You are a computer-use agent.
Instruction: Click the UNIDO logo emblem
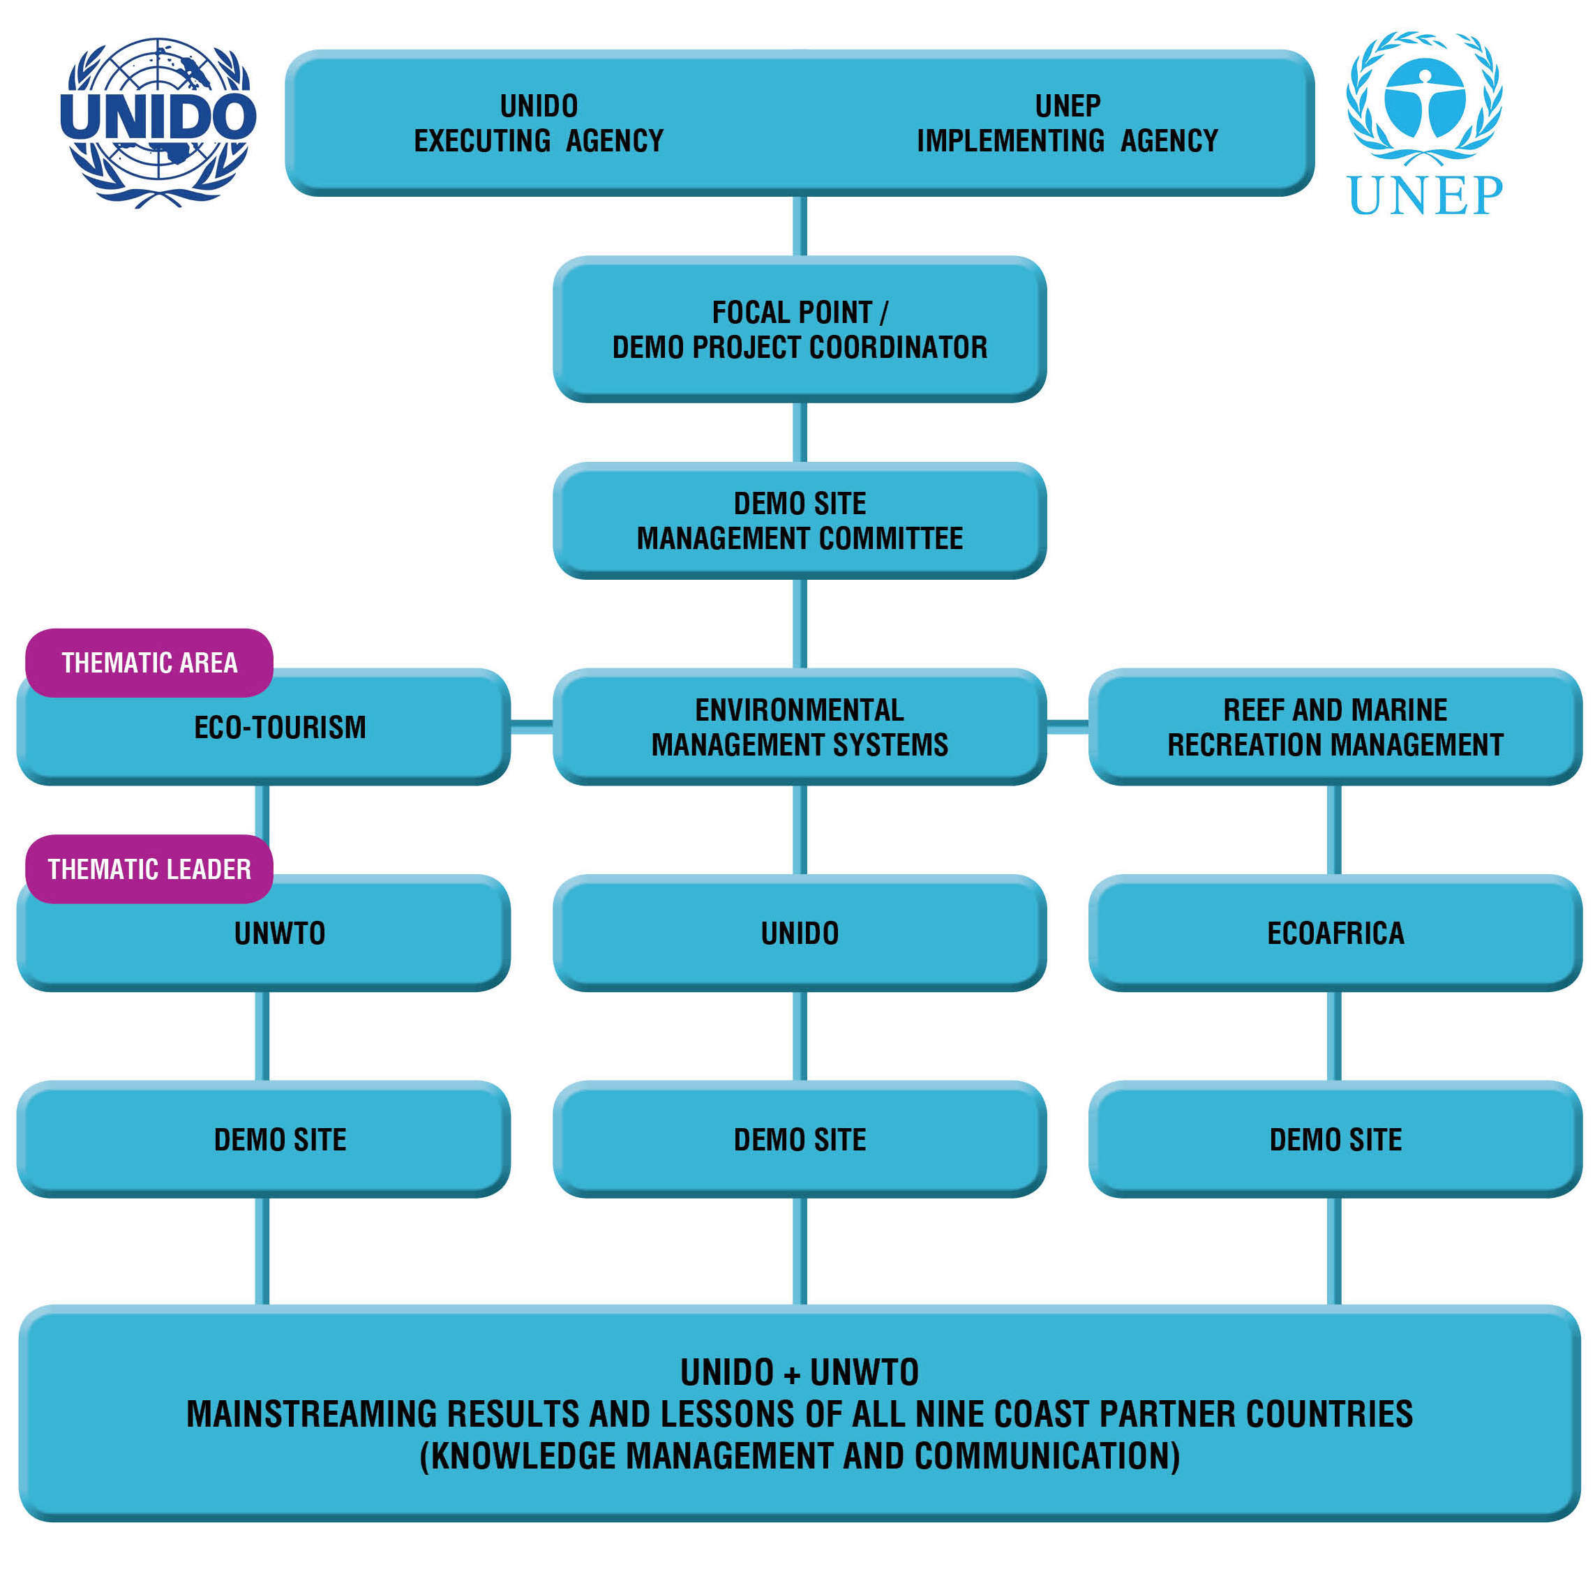point(158,122)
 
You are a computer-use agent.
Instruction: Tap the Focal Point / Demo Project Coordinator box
point(799,329)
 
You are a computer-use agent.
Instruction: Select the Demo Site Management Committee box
point(799,520)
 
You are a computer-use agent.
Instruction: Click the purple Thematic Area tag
point(149,663)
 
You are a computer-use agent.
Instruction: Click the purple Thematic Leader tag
point(149,869)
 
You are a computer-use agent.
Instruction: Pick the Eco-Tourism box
point(280,735)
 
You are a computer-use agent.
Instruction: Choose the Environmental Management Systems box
point(799,726)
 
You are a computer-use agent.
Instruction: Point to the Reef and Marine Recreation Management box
point(1335,726)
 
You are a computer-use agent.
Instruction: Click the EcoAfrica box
point(1335,933)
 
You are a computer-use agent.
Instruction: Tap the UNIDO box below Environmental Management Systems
point(799,933)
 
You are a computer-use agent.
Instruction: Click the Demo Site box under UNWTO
point(280,1139)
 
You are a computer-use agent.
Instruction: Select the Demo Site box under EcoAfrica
point(1335,1139)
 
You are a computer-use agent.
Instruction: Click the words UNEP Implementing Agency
point(1067,123)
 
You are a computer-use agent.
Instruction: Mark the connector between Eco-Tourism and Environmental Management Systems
point(532,726)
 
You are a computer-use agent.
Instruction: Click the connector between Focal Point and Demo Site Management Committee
point(799,432)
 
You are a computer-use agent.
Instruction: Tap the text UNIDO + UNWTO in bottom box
point(799,1372)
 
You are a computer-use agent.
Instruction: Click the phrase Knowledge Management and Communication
point(799,1455)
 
